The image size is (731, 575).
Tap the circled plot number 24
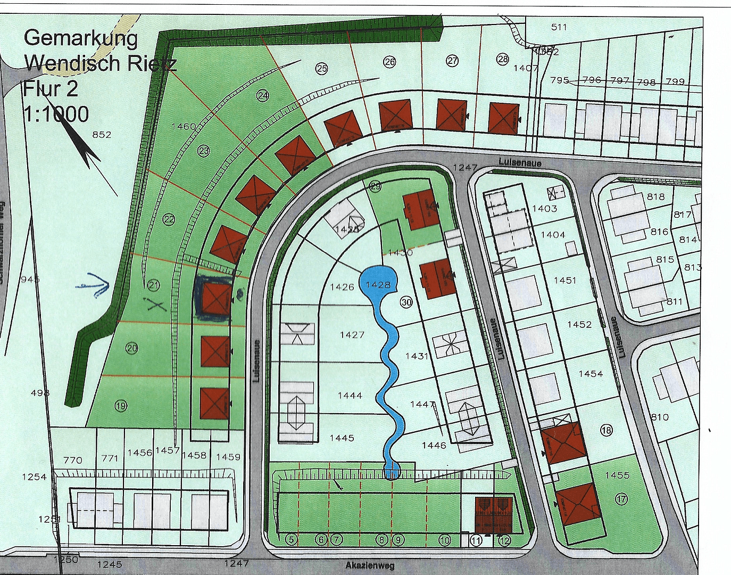click(263, 95)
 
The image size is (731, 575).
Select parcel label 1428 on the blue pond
click(378, 285)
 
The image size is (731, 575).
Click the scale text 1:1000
click(56, 113)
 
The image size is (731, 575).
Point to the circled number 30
click(406, 302)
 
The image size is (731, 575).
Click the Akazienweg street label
click(370, 565)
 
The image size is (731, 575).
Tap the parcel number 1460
click(184, 126)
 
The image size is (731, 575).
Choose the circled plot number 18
click(606, 430)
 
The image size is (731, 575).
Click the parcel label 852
click(102, 135)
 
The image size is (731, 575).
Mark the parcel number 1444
click(350, 396)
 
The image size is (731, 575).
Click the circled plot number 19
click(121, 406)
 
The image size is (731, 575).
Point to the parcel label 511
click(559, 27)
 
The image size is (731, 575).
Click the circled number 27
click(452, 61)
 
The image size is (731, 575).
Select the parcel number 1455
click(617, 475)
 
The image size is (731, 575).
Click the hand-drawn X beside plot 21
click(155, 306)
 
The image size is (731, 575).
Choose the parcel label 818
click(655, 196)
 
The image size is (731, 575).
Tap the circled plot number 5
click(291, 539)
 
